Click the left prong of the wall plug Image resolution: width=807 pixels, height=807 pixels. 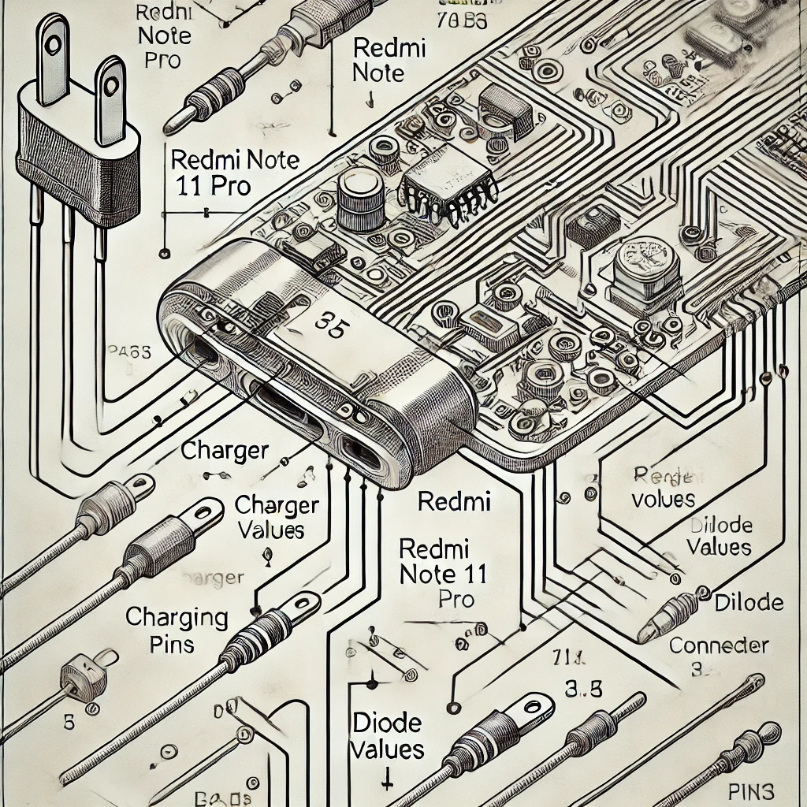point(53,59)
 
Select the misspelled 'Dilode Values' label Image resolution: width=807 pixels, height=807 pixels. point(719,536)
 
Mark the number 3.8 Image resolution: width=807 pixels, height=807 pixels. point(585,689)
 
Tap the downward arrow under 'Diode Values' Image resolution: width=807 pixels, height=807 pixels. point(387,782)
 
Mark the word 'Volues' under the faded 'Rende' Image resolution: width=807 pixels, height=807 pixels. point(664,499)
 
